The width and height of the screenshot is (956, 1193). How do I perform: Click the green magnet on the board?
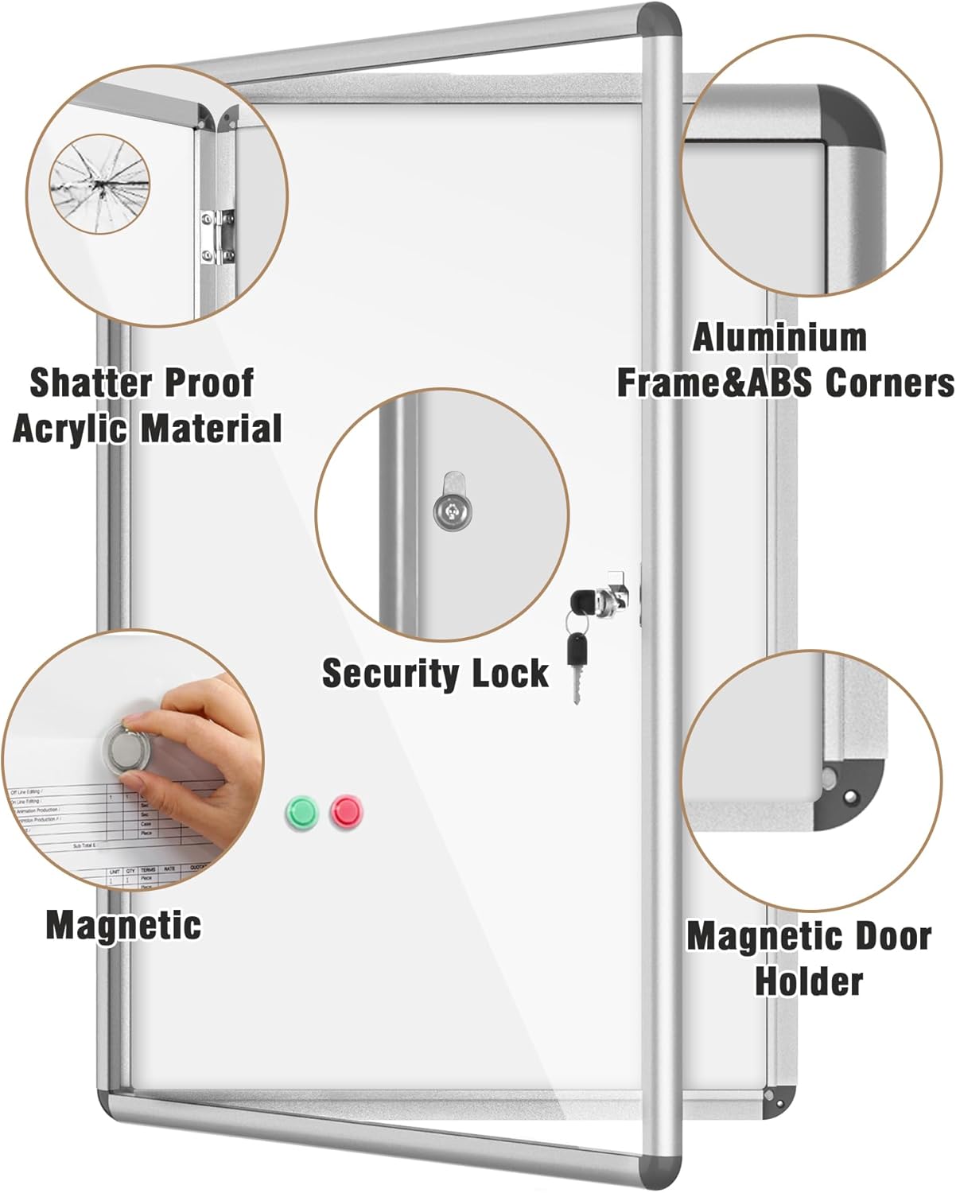tap(301, 811)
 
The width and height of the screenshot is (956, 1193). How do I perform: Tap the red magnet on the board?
tap(347, 811)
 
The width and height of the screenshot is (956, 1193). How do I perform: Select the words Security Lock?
tap(435, 674)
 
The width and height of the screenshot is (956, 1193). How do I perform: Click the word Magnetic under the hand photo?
tap(123, 925)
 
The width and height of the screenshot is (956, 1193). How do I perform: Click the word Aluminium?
tap(779, 338)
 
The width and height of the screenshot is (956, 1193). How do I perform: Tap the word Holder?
tap(809, 981)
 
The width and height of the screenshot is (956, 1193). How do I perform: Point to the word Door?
tap(889, 936)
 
